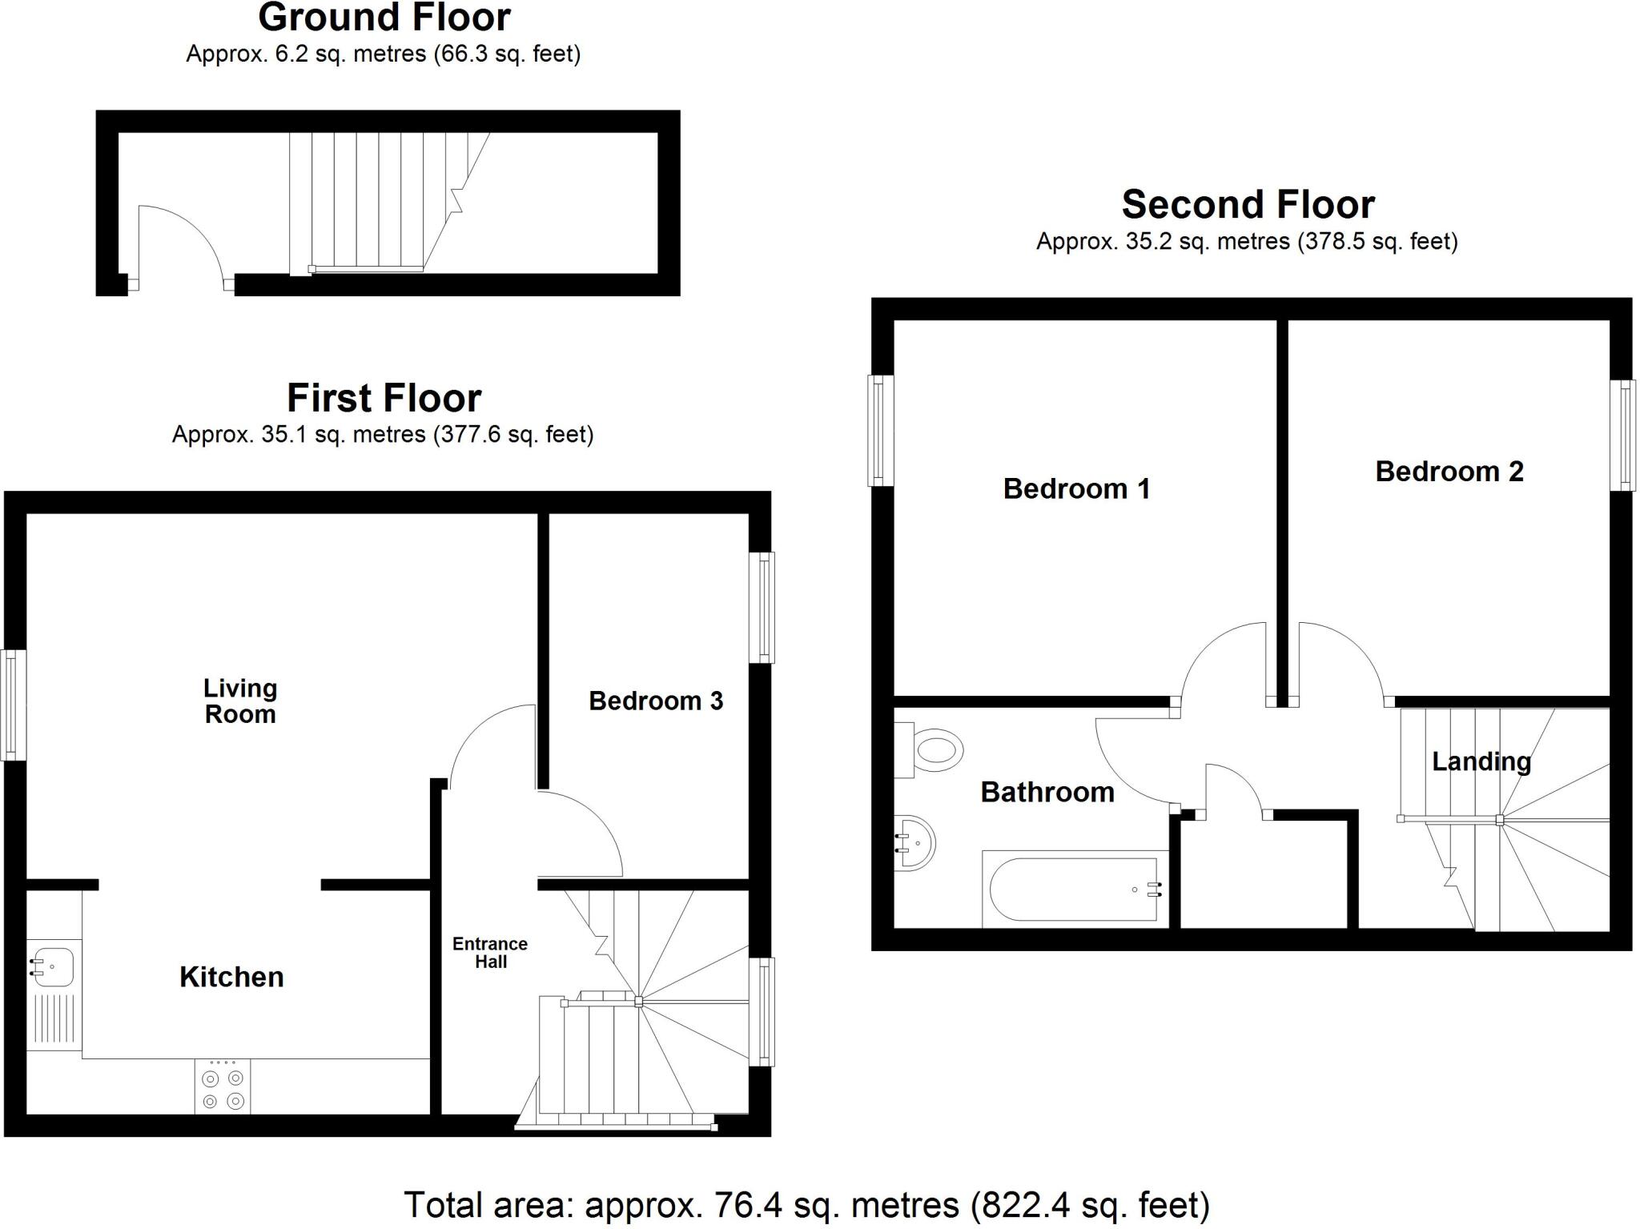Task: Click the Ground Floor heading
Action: (x=384, y=18)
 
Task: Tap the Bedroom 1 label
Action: (x=1075, y=488)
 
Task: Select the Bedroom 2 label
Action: (x=1449, y=472)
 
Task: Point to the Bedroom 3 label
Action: (x=655, y=701)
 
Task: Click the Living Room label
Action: (x=240, y=701)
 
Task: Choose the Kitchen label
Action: (x=231, y=977)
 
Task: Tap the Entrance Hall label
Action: (x=490, y=953)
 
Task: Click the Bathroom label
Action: (x=1047, y=793)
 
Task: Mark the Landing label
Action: (x=1481, y=761)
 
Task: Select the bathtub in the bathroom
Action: (x=1074, y=890)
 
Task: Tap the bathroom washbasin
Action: (x=914, y=842)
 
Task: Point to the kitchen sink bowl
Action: (x=53, y=966)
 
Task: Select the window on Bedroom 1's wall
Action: (x=880, y=430)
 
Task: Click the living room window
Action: (x=12, y=705)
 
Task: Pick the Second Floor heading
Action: (x=1248, y=205)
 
